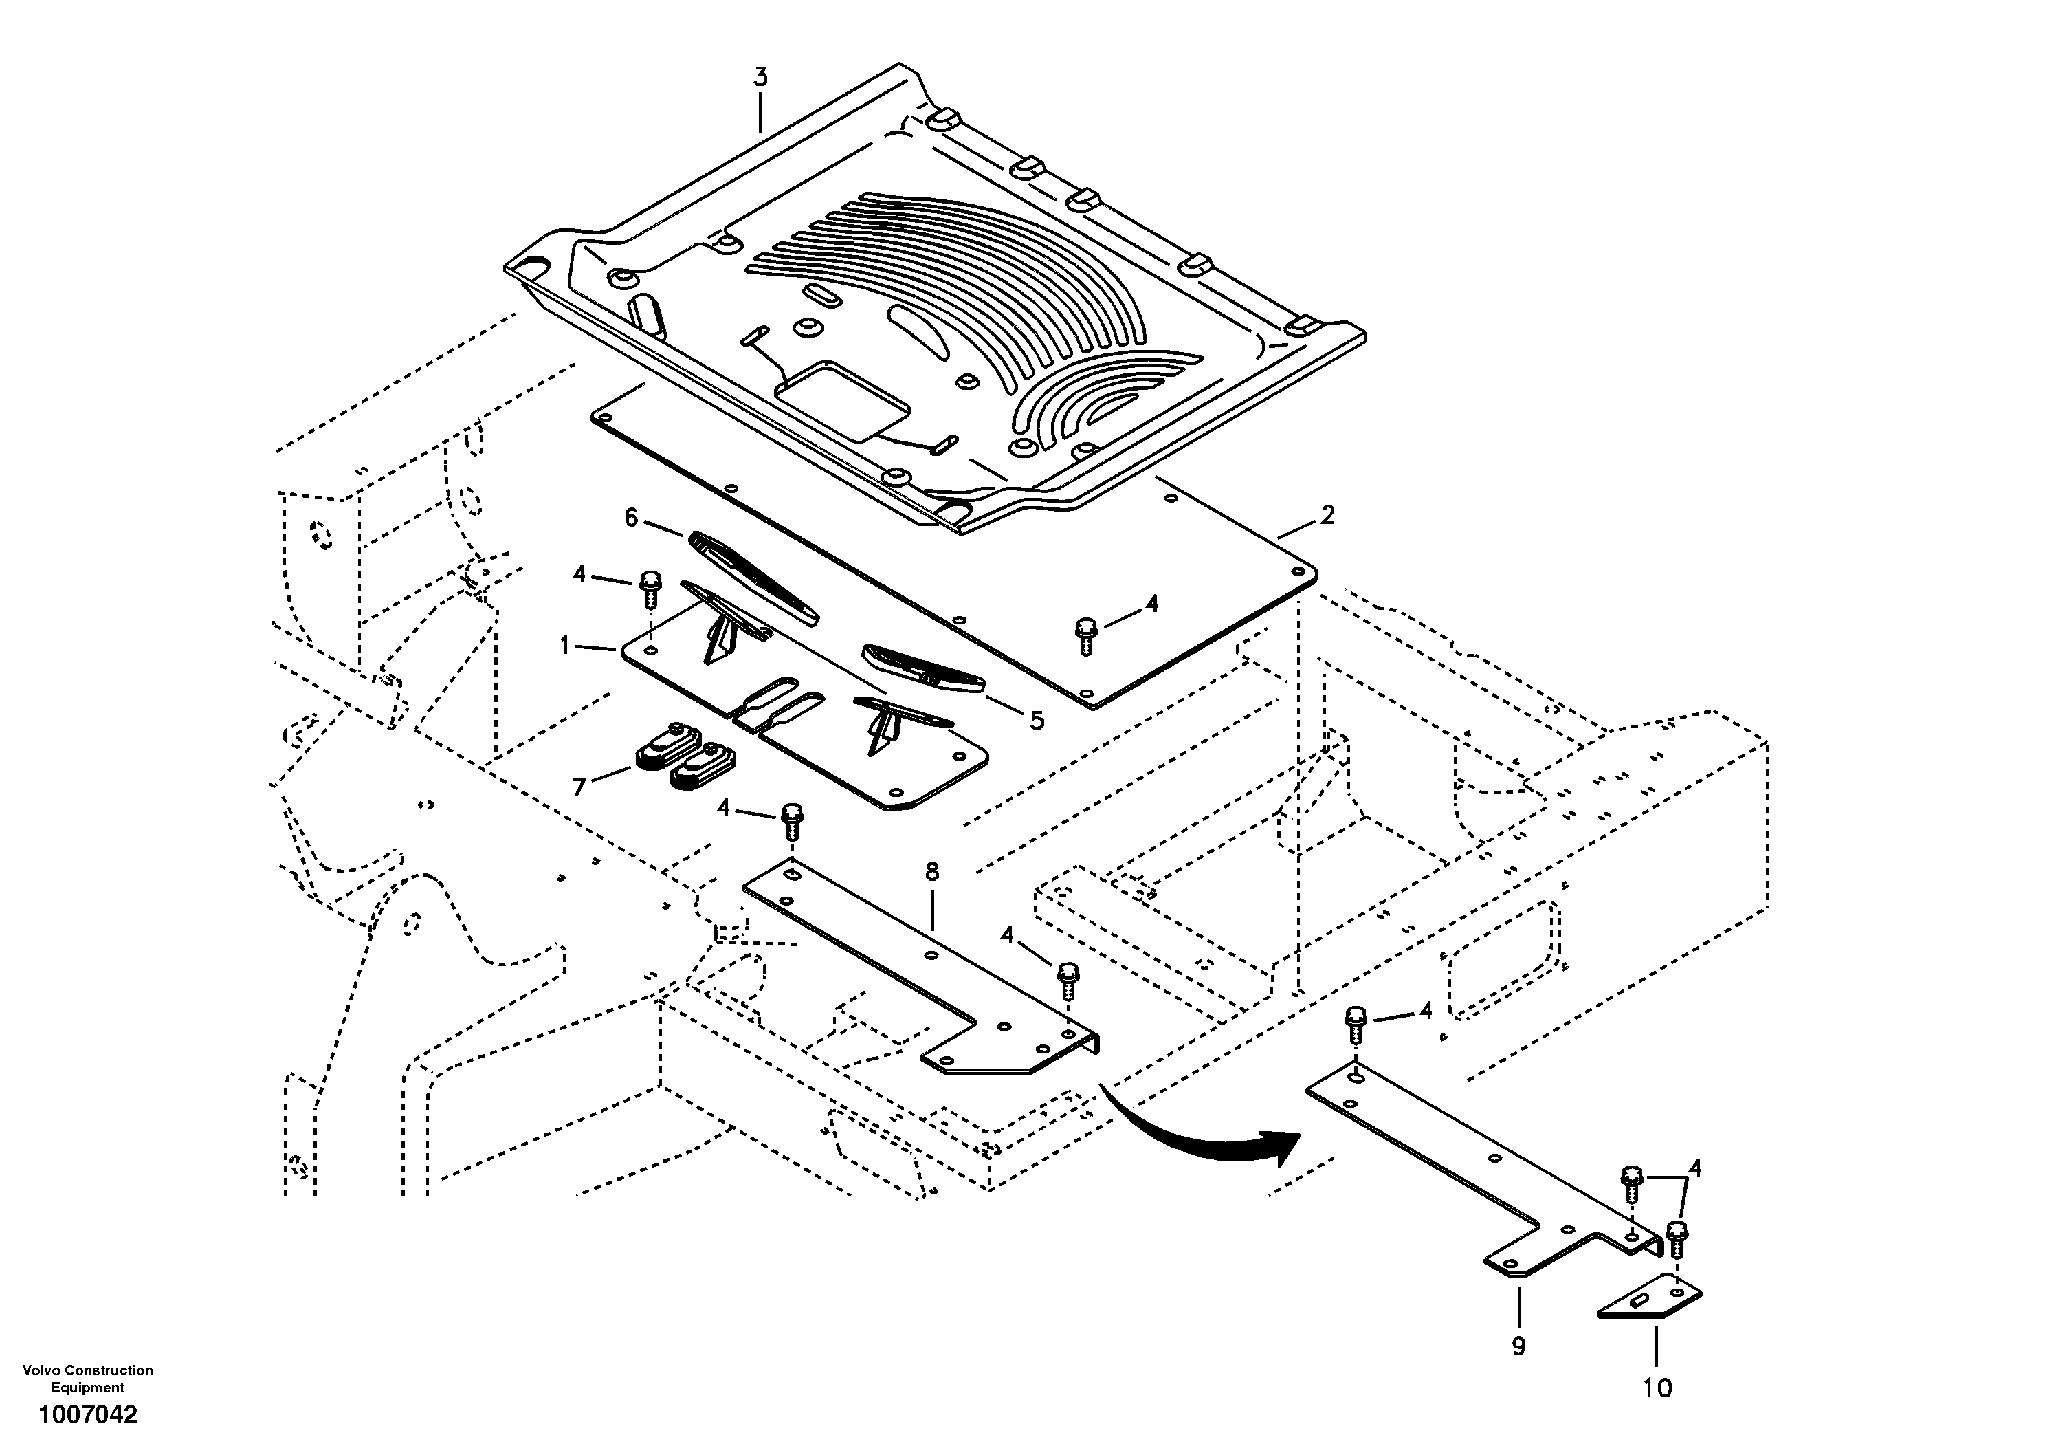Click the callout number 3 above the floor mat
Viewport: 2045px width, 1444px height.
tap(760, 78)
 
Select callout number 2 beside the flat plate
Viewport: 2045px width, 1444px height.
tap(1327, 515)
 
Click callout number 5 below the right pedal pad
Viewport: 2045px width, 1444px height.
tap(1037, 720)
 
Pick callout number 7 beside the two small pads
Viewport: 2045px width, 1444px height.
tap(579, 787)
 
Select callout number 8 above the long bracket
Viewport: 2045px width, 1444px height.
tap(931, 872)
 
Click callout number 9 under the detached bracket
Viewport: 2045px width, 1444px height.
tap(1518, 1346)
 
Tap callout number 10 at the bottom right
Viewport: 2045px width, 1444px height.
tap(1657, 1388)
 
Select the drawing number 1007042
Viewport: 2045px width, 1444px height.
tap(87, 1414)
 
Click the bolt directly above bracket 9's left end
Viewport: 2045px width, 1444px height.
tap(1356, 1025)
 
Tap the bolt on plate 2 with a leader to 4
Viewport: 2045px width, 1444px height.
tap(1085, 635)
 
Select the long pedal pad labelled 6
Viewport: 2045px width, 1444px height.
tap(753, 576)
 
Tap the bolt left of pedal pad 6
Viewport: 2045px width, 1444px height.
tap(650, 586)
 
